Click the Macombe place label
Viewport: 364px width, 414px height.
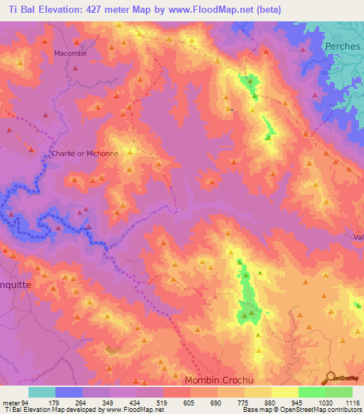[x=69, y=53]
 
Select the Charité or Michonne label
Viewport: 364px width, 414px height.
[x=79, y=154]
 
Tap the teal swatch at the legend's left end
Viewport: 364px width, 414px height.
[x=42, y=392]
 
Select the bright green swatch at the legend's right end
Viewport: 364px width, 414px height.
[x=338, y=392]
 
